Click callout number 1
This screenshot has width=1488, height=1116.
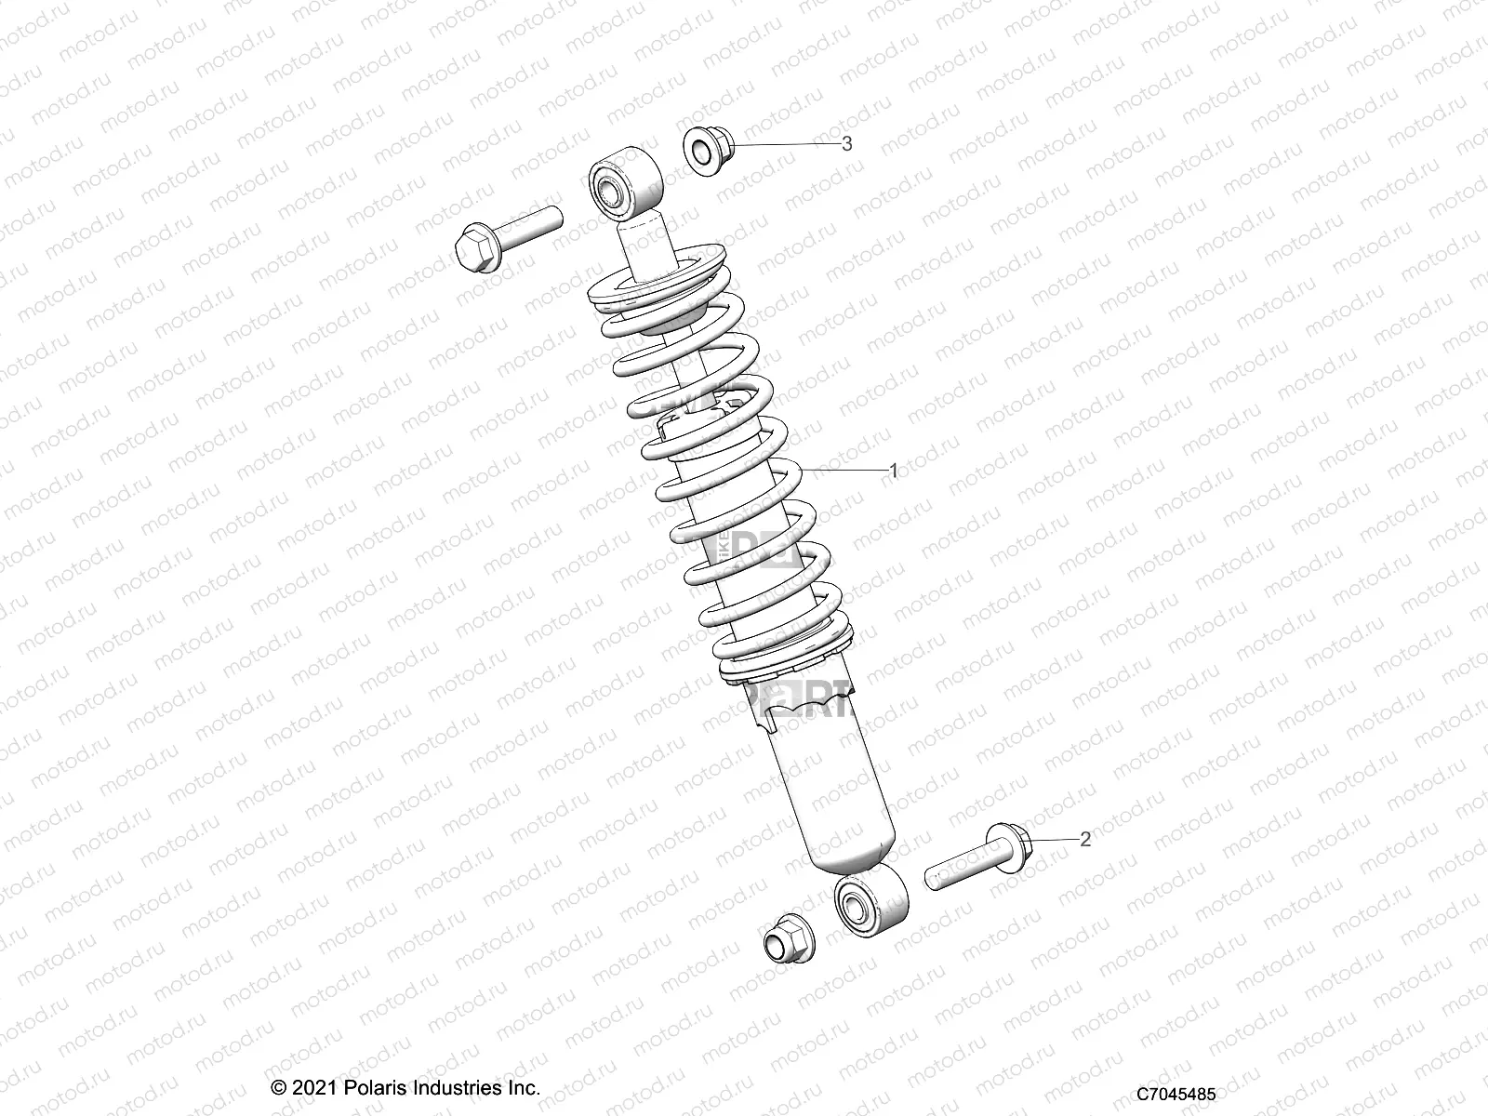[x=894, y=471]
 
